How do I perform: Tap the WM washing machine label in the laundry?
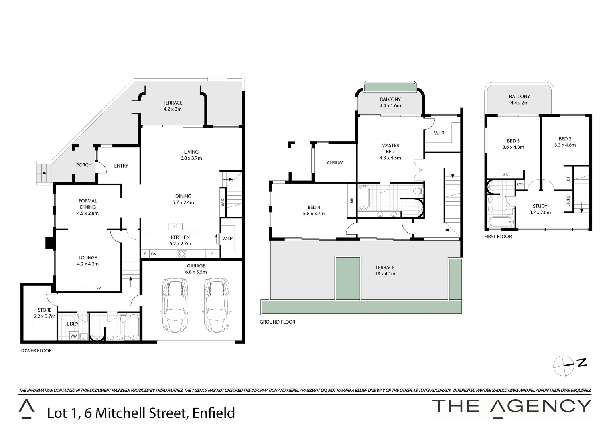coord(74,336)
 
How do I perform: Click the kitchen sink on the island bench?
coord(175,227)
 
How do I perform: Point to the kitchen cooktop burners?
coord(183,254)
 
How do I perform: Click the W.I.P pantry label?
coord(227,239)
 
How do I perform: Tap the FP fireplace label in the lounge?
coord(99,288)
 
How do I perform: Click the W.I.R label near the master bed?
coord(439,133)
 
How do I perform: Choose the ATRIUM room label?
coord(335,163)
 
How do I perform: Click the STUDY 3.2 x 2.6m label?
coord(540,209)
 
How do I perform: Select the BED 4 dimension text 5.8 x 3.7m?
coord(314,214)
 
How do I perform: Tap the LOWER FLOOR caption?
coord(36,351)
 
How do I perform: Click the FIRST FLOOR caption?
coord(498,237)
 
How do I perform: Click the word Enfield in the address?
coord(213,413)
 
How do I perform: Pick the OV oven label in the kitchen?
coord(154,254)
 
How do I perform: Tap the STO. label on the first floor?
coord(520,185)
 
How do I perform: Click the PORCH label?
coord(84,165)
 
